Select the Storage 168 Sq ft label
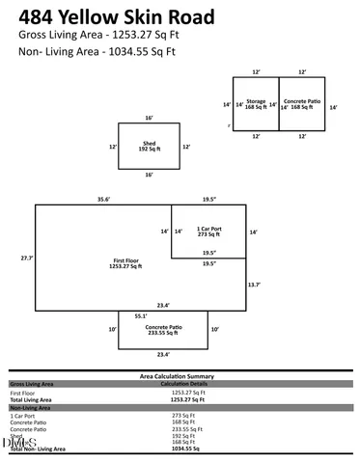[256, 104]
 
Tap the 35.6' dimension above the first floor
[103, 199]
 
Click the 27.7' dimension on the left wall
[27, 259]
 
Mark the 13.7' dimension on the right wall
[254, 285]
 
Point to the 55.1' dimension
[140, 314]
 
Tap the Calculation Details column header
[189, 383]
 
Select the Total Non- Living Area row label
[38, 449]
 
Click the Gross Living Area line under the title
[95, 34]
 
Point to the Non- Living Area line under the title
[95, 54]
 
